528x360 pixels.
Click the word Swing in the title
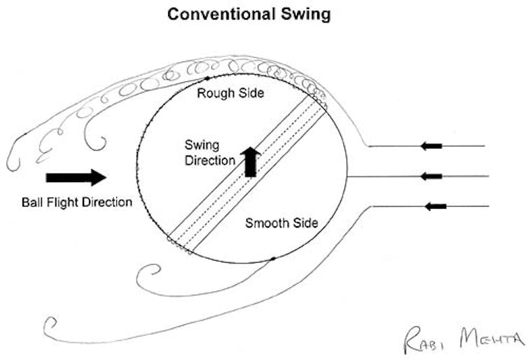(x=307, y=14)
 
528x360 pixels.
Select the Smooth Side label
(x=282, y=223)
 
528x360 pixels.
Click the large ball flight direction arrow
(x=76, y=178)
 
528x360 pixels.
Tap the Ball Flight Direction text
(x=77, y=203)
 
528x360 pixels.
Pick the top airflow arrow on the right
(x=431, y=146)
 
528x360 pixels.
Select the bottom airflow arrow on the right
(x=435, y=206)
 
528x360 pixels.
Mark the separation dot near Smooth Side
(x=272, y=259)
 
